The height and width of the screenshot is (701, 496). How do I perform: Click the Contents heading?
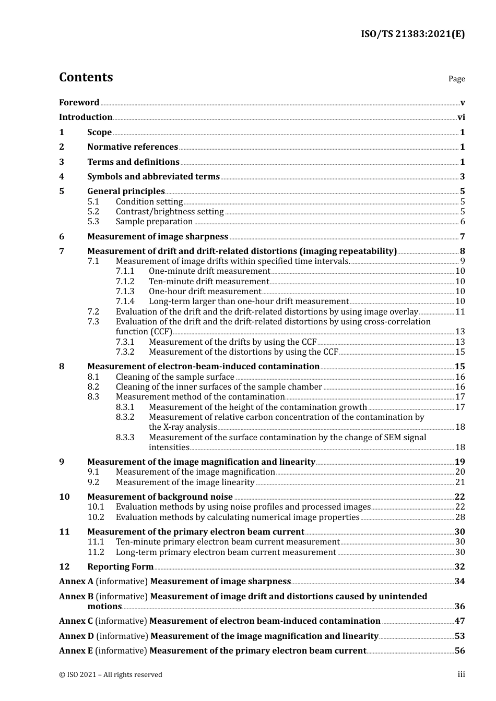[x=86, y=77]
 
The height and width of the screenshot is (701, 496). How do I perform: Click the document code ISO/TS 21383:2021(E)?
[x=412, y=34]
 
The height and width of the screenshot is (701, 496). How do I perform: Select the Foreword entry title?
[x=79, y=103]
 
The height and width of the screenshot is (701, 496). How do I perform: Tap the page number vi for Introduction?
[x=461, y=117]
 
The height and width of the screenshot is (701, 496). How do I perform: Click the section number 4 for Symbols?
[x=62, y=177]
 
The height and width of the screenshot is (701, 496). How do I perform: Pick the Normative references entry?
[x=133, y=147]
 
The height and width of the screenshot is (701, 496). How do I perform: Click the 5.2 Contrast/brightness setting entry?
[x=170, y=212]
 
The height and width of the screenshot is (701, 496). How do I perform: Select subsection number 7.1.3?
[x=125, y=292]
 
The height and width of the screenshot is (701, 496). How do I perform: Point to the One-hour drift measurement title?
[x=205, y=292]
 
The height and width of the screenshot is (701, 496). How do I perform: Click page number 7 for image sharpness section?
[x=462, y=237]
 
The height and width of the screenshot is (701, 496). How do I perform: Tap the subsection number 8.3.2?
[x=125, y=417]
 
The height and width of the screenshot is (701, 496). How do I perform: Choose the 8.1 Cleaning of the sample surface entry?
[x=175, y=377]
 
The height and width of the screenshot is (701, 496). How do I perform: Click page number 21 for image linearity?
[x=460, y=482]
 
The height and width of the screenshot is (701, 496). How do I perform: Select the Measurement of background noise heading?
[x=160, y=497]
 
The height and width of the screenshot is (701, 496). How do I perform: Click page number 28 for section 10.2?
[x=460, y=517]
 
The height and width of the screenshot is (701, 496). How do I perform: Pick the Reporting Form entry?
[x=120, y=567]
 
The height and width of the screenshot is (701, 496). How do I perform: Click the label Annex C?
[x=76, y=621]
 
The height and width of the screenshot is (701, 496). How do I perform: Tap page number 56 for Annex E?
[x=459, y=651]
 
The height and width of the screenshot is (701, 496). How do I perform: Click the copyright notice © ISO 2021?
[x=110, y=675]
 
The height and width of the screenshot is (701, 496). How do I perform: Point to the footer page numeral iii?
[x=461, y=674]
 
